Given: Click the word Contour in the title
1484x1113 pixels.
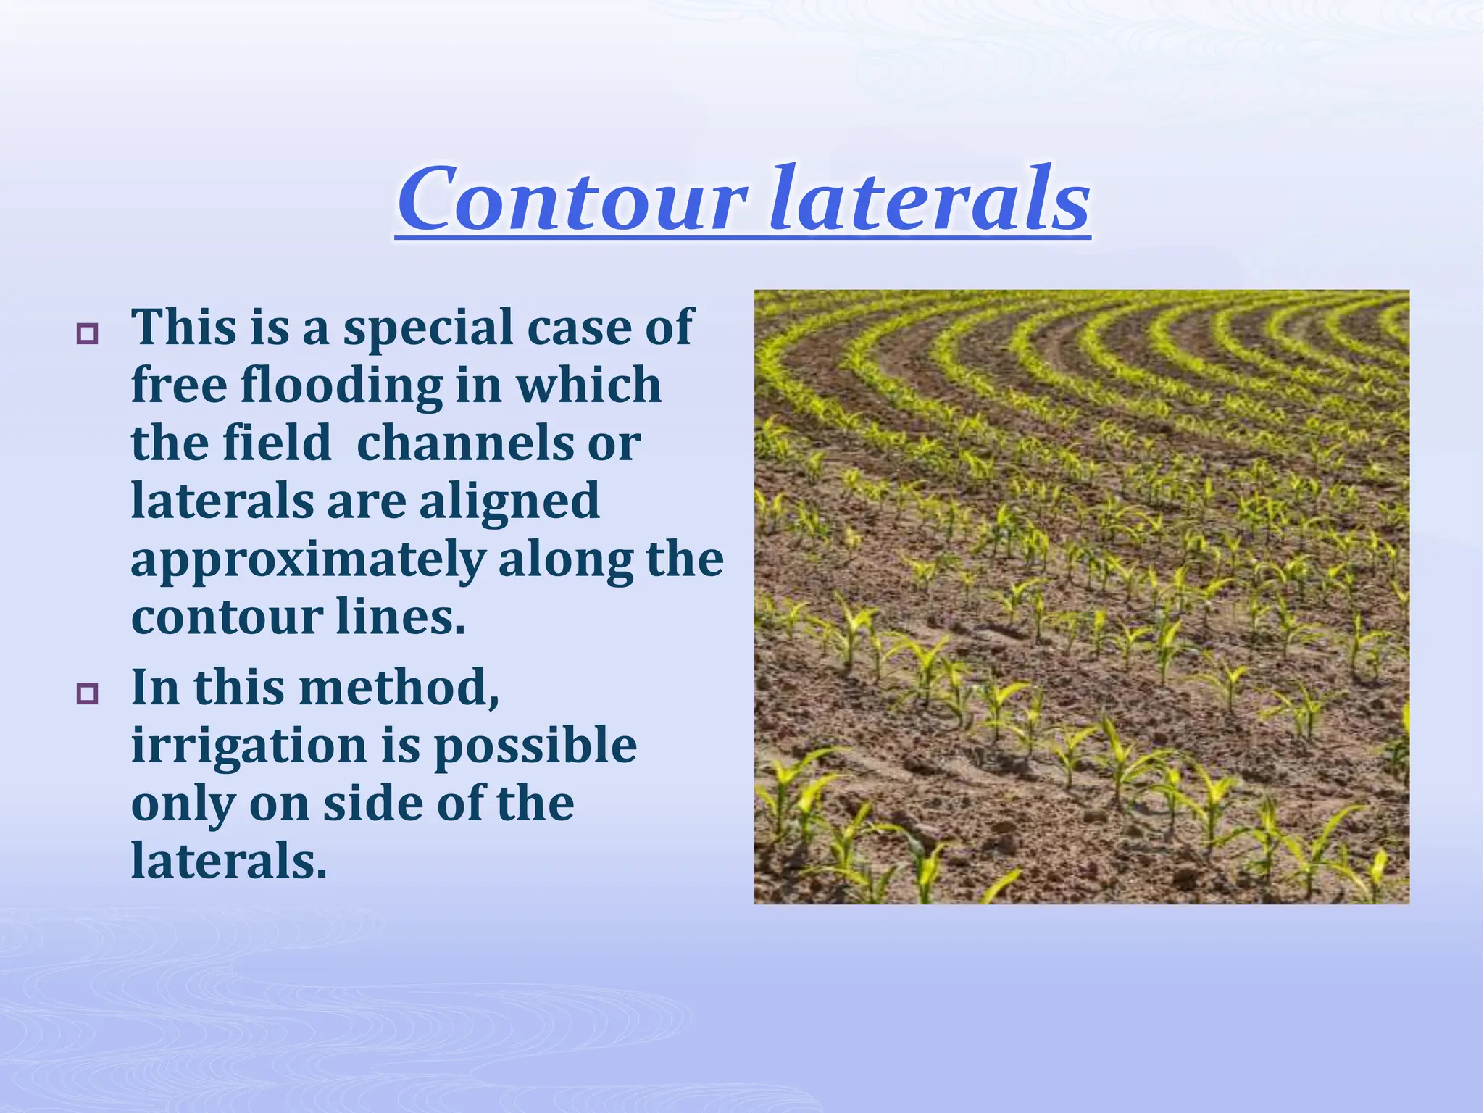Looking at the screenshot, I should [x=572, y=199].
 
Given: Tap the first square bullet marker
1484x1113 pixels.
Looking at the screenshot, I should [x=88, y=334].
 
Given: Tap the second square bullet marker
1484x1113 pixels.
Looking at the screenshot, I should [x=88, y=693].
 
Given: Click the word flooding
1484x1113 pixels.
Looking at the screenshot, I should [x=341, y=385].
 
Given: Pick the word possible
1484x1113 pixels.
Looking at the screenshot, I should [x=535, y=747].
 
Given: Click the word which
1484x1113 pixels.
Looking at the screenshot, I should [x=588, y=385].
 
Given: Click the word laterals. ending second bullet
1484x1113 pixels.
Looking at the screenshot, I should [x=229, y=861].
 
